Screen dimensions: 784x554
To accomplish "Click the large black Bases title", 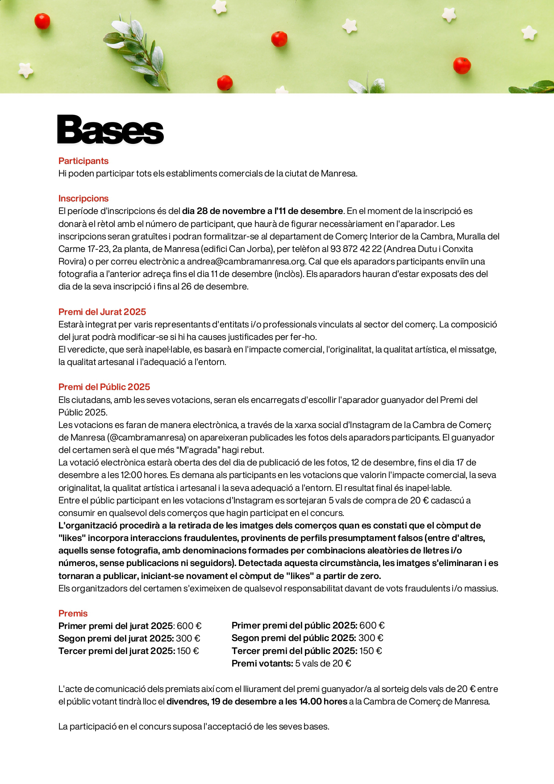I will click(x=110, y=130).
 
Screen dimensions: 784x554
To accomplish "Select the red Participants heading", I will click(x=83, y=161).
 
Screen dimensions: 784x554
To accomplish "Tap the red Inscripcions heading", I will click(x=83, y=198).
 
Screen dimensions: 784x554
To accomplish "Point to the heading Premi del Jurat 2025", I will click(x=102, y=312).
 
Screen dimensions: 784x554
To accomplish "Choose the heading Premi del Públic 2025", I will click(x=104, y=387).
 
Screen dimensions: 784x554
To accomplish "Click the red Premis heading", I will click(x=73, y=613).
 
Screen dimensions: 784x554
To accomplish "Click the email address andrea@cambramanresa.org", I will click(x=246, y=261).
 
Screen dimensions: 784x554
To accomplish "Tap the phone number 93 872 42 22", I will click(x=356, y=249).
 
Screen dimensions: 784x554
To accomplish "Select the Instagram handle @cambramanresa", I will click(x=146, y=437).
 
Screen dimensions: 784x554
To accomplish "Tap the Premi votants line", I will click(x=291, y=663).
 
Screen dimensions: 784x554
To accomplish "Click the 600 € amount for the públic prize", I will click(x=372, y=625).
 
